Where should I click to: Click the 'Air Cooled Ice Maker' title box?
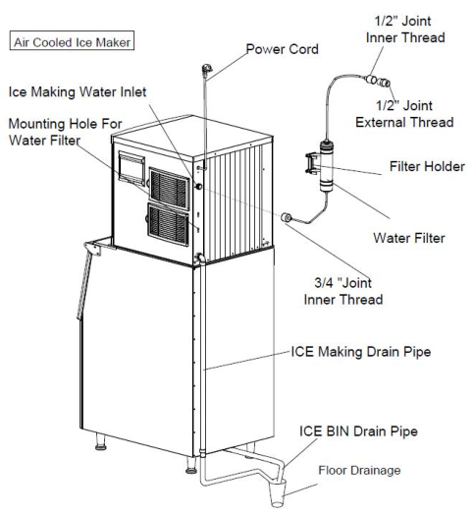[x=72, y=42]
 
